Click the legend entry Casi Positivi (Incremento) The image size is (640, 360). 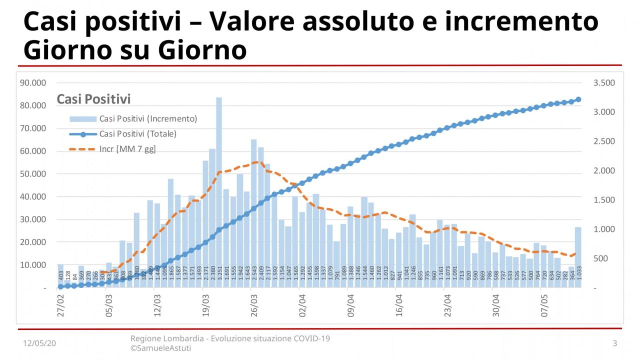[148, 119]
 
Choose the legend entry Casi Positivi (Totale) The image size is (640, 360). [138, 134]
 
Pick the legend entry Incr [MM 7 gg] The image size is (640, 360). [128, 149]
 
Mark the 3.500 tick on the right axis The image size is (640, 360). [604, 83]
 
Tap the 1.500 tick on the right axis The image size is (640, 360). [604, 200]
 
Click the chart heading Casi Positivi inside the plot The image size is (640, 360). [93, 99]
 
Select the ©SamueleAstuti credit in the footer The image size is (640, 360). [160, 348]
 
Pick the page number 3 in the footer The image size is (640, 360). [614, 343]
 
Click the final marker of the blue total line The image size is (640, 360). [578, 99]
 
